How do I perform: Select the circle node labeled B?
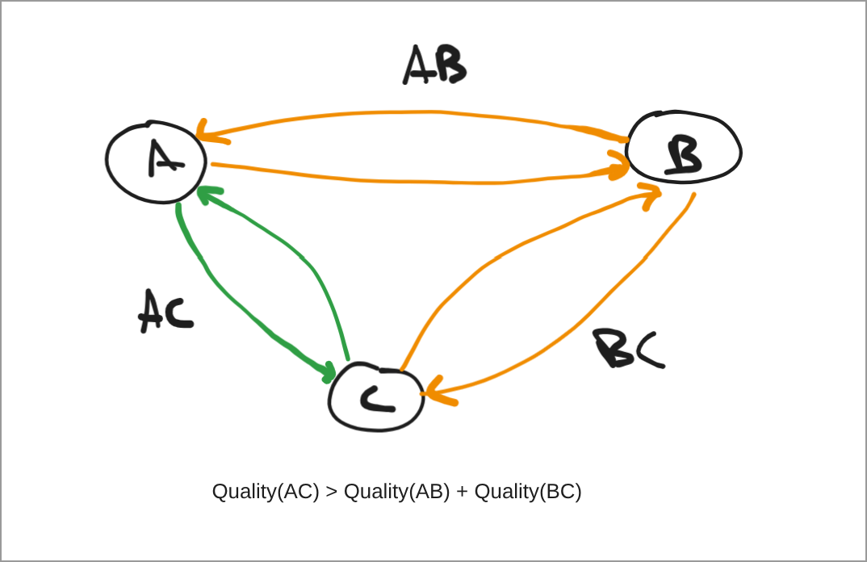click(x=684, y=147)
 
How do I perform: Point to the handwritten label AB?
click(x=434, y=65)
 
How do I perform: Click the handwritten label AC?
click(x=165, y=311)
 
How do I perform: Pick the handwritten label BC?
click(x=628, y=349)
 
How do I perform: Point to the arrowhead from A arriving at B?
click(x=618, y=166)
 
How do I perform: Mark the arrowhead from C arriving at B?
click(x=650, y=195)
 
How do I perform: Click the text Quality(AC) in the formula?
click(x=266, y=491)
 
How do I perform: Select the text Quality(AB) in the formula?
click(x=396, y=491)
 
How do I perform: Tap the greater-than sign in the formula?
click(x=332, y=492)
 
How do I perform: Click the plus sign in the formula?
click(x=462, y=492)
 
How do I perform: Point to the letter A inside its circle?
click(x=164, y=158)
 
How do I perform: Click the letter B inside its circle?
click(x=683, y=156)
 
